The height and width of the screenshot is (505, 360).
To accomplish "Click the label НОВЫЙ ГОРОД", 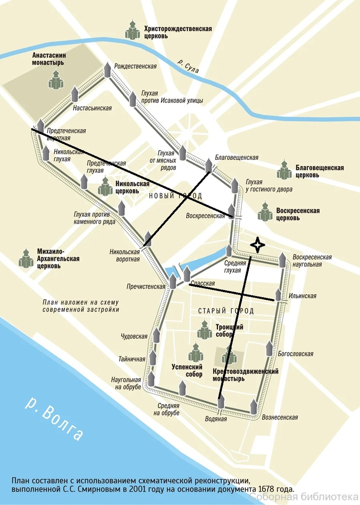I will pyautogui.click(x=175, y=196).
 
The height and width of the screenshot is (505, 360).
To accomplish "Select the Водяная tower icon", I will pyautogui.click(x=221, y=402).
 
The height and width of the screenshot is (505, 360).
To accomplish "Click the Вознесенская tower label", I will pyautogui.click(x=280, y=417).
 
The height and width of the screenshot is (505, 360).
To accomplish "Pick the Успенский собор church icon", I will pyautogui.click(x=195, y=352).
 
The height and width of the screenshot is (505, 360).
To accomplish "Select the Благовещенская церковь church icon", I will pyautogui.click(x=285, y=170).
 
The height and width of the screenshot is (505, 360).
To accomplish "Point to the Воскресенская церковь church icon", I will pyautogui.click(x=265, y=212).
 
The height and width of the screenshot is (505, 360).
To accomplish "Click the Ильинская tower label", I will pyautogui.click(x=302, y=296).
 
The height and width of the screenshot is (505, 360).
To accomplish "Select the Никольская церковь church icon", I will pyautogui.click(x=105, y=186).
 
